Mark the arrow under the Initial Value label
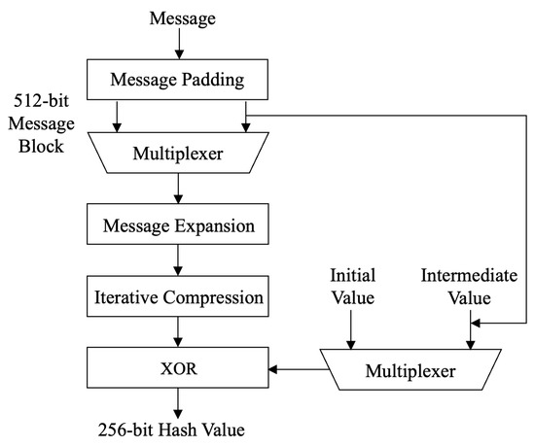[351, 331]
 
